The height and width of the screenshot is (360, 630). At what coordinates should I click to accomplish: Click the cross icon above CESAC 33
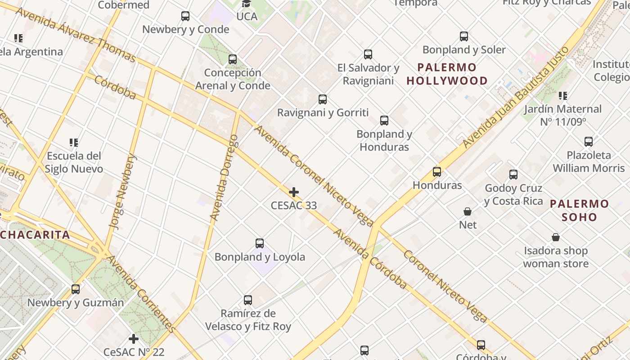pos(294,193)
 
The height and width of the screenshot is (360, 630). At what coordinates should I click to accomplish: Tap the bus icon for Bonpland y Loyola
pos(260,243)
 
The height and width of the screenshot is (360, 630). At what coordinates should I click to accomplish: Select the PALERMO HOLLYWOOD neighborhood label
pos(447,74)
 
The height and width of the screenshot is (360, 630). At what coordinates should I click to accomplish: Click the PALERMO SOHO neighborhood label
pos(580,210)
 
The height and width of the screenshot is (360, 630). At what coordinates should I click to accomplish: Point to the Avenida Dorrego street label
pos(224,177)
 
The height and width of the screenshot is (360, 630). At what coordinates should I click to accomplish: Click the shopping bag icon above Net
pos(468,211)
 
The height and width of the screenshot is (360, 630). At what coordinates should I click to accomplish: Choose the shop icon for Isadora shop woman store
pos(556,237)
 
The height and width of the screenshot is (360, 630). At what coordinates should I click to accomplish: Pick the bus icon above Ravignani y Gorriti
pos(323,99)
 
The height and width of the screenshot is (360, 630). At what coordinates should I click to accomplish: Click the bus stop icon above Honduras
pos(437,172)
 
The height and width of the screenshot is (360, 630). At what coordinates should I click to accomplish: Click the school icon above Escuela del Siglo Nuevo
pos(74,143)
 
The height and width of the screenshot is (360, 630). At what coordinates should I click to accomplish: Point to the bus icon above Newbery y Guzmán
pos(76,289)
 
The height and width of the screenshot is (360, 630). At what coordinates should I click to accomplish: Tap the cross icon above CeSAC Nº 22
pos(134,338)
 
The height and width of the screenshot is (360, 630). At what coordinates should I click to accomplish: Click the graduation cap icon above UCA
pos(246,4)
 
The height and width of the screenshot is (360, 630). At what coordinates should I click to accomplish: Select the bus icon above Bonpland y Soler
pos(464,36)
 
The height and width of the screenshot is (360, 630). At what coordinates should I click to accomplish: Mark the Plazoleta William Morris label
pos(589,162)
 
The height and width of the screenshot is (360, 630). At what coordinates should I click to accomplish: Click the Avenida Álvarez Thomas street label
pos(75,34)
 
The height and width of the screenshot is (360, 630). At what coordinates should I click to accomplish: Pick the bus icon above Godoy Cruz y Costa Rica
pos(513,175)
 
